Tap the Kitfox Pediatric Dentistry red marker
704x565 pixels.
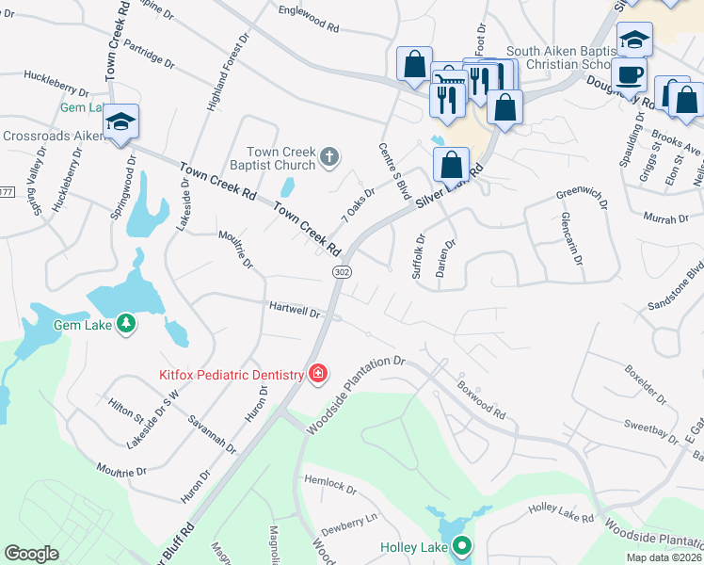(x=318, y=374)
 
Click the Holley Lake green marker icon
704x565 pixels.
(x=461, y=546)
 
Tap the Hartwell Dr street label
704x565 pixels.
(x=296, y=309)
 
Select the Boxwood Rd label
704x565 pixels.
(x=482, y=399)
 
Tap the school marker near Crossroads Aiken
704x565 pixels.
(x=121, y=121)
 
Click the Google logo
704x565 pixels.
(x=31, y=554)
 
